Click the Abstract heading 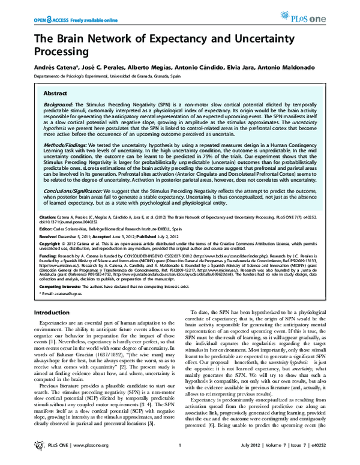click(56, 94)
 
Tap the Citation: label click(49, 214)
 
